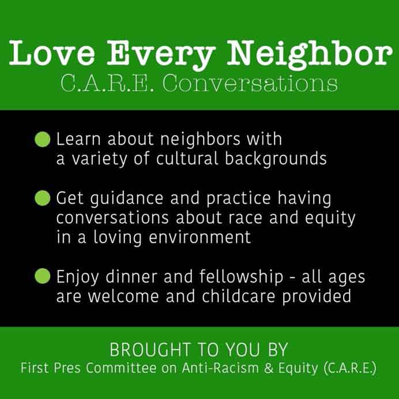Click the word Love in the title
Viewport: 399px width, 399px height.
(x=52, y=53)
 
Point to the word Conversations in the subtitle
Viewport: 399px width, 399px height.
(x=250, y=83)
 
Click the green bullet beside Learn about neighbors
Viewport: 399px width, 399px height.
(x=43, y=139)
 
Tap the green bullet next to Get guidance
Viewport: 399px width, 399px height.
(x=43, y=198)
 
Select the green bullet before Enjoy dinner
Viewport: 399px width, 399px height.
(x=43, y=276)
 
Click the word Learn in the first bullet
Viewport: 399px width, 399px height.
(x=78, y=139)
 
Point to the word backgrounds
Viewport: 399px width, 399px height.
(x=276, y=159)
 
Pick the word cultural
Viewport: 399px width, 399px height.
(x=187, y=159)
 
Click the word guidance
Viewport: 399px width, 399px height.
(x=127, y=199)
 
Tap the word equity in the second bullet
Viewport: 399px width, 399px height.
(x=330, y=219)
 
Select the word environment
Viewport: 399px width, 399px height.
(x=199, y=238)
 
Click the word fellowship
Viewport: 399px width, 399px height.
(x=241, y=277)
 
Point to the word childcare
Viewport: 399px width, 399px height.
(x=239, y=296)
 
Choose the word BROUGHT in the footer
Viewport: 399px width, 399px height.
(x=150, y=349)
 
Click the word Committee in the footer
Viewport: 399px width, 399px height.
(x=121, y=368)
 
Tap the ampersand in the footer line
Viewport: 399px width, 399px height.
(x=269, y=368)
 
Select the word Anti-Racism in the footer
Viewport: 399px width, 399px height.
(x=220, y=368)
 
